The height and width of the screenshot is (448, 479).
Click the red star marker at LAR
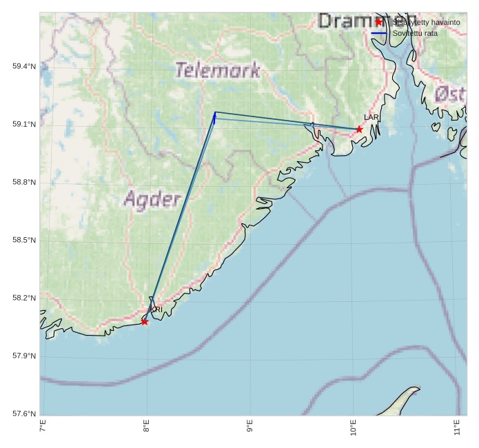(x=359, y=130)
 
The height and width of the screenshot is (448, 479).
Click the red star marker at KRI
(x=145, y=322)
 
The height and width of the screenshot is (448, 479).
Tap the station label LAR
(x=371, y=118)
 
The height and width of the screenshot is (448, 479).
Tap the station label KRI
(x=156, y=310)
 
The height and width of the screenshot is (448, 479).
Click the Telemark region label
(x=218, y=70)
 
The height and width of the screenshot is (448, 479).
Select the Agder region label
(x=152, y=200)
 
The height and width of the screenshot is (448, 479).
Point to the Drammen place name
(x=367, y=21)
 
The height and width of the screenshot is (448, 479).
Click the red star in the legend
(x=378, y=22)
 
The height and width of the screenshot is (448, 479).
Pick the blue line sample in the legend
(x=378, y=33)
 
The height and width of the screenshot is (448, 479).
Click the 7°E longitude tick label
(x=43, y=426)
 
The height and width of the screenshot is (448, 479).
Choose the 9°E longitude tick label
(x=249, y=426)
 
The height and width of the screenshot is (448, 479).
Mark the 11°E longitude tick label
(x=457, y=426)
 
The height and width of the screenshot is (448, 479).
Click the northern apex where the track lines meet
(x=214, y=112)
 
